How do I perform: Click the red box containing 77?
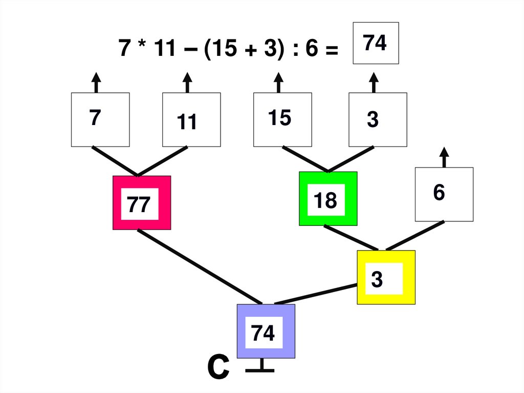click(142, 203)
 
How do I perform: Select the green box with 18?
click(328, 199)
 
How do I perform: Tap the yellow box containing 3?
click(386, 278)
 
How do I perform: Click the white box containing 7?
click(100, 119)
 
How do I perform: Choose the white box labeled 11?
click(191, 119)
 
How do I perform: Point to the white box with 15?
click(282, 119)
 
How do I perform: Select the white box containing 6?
click(444, 194)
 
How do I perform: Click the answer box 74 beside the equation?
click(376, 43)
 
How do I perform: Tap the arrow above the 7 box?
click(96, 82)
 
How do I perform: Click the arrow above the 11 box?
click(187, 82)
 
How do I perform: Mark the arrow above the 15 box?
click(278, 82)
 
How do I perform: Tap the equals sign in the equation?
click(331, 50)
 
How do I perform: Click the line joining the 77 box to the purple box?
click(200, 266)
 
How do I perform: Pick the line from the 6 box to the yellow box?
click(415, 236)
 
